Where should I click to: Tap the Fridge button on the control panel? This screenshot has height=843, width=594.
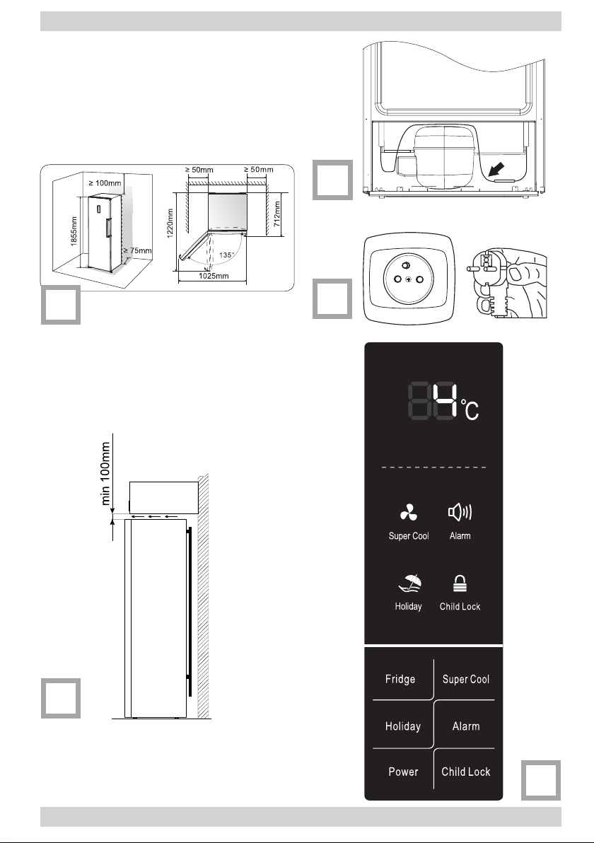[x=400, y=680]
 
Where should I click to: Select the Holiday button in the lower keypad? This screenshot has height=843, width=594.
[x=402, y=726]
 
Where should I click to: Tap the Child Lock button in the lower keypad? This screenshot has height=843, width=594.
[x=465, y=772]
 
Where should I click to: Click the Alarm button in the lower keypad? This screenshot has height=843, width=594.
[x=465, y=726]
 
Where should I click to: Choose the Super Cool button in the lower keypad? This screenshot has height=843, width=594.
[x=465, y=680]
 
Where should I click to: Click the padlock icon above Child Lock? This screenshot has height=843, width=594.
[x=460, y=584]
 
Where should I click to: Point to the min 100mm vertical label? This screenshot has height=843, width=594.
[x=107, y=475]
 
